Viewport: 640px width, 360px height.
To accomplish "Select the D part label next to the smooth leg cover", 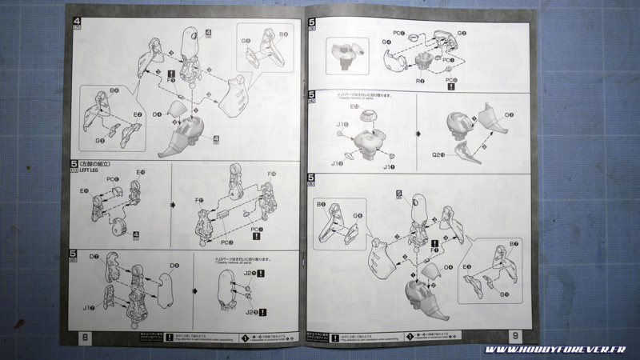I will [173, 265].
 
